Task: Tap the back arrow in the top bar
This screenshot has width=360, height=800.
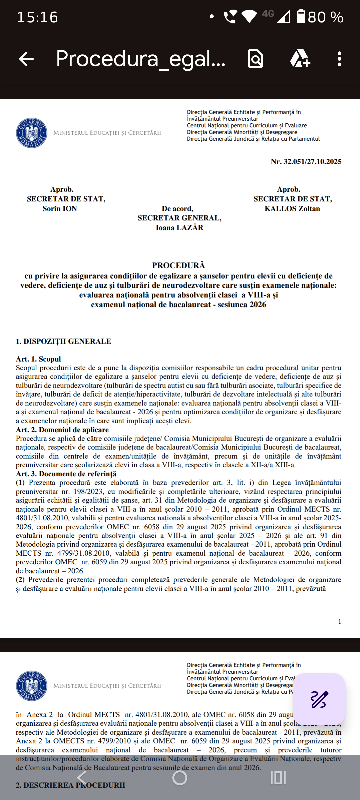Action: [26, 59]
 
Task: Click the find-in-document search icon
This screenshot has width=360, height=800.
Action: [255, 59]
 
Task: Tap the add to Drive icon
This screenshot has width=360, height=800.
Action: [300, 59]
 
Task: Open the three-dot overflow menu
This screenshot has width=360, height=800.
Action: [339, 59]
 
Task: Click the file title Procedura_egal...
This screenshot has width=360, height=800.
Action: [140, 59]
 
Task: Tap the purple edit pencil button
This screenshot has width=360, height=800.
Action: [319, 699]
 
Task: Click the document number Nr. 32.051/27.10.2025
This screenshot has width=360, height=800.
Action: [306, 162]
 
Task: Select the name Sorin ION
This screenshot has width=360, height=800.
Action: [60, 209]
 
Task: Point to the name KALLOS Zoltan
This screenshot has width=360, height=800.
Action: [292, 209]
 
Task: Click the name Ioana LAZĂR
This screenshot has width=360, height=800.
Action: [179, 228]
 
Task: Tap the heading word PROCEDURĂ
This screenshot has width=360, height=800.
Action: [179, 265]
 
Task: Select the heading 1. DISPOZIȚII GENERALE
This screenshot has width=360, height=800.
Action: [63, 341]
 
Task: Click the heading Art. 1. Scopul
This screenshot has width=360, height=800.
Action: [38, 359]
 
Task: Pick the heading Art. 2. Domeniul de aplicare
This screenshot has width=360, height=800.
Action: [62, 430]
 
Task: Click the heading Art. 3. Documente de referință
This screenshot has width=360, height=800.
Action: [66, 474]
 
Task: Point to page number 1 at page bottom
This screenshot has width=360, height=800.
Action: [340, 621]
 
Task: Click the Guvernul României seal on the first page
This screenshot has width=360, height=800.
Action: [32, 133]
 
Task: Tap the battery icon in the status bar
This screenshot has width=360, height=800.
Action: [301, 17]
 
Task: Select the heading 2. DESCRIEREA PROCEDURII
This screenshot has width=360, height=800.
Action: [70, 785]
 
